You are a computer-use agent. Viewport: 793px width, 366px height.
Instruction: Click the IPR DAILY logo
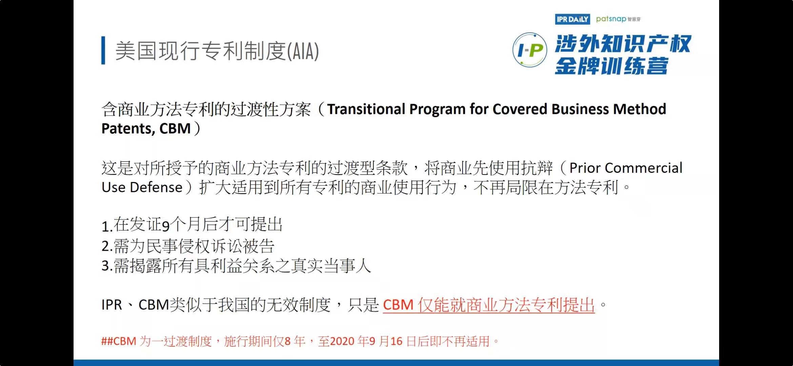pyautogui.click(x=572, y=19)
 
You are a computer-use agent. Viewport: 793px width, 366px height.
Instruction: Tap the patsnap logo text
pyautogui.click(x=611, y=19)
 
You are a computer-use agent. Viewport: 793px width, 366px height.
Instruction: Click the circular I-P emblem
pyautogui.click(x=530, y=50)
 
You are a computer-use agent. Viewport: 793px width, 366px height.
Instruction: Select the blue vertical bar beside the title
pyautogui.click(x=103, y=50)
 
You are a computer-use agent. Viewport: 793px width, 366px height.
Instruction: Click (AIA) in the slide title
pyautogui.click(x=303, y=51)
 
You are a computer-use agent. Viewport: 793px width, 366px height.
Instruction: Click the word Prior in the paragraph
pyautogui.click(x=585, y=168)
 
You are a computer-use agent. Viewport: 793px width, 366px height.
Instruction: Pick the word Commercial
pyautogui.click(x=644, y=168)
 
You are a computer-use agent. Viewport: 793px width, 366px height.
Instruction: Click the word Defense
pyautogui.click(x=156, y=187)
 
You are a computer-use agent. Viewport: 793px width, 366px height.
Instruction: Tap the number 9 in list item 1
pyautogui.click(x=165, y=226)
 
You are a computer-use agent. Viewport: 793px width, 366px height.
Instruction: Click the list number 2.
pyautogui.click(x=105, y=246)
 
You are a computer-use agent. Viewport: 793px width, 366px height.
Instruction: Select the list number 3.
pyautogui.click(x=105, y=266)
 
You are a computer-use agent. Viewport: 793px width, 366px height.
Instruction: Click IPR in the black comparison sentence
pyautogui.click(x=111, y=305)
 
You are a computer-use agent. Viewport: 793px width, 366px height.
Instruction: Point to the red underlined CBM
pyautogui.click(x=398, y=305)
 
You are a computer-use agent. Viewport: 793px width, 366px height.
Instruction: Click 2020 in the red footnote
pyautogui.click(x=342, y=341)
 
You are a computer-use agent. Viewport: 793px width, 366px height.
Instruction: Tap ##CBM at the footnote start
pyautogui.click(x=119, y=341)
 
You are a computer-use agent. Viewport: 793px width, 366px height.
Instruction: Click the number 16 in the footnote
pyautogui.click(x=396, y=341)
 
